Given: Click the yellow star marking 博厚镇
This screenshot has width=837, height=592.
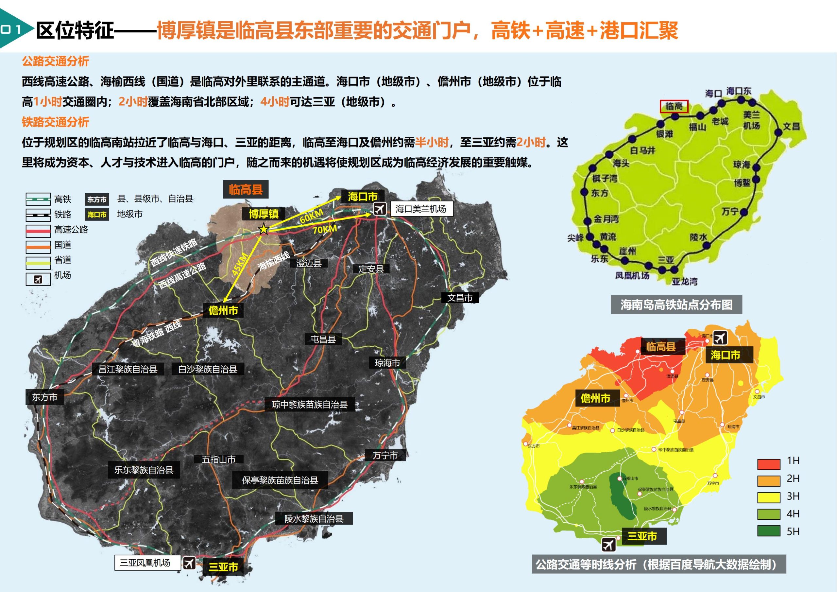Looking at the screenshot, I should pyautogui.click(x=264, y=229).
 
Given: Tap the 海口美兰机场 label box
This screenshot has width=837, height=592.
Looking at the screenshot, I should pyautogui.click(x=421, y=209).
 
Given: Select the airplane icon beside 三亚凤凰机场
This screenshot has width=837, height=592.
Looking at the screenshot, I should pyautogui.click(x=189, y=563).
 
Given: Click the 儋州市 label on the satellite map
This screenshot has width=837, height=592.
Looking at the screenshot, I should pyautogui.click(x=223, y=311).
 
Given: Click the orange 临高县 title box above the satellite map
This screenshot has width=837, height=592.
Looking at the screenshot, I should pyautogui.click(x=246, y=190).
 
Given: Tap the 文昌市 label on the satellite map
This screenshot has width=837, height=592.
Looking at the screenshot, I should pyautogui.click(x=460, y=298).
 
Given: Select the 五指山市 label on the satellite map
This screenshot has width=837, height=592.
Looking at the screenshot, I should pyautogui.click(x=219, y=460).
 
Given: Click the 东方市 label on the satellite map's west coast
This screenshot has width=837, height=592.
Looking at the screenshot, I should pyautogui.click(x=45, y=397).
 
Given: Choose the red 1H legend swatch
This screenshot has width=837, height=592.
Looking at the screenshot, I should pyautogui.click(x=769, y=464).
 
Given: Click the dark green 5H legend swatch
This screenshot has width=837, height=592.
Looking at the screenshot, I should pyautogui.click(x=769, y=531).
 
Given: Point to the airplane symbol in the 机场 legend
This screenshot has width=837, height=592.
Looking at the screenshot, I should pyautogui.click(x=38, y=279).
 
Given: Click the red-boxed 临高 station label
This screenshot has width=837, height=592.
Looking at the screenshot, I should pyautogui.click(x=674, y=107).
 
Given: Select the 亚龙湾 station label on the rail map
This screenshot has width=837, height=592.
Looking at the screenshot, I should pyautogui.click(x=685, y=282).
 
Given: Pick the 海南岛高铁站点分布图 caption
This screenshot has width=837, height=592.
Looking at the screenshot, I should pyautogui.click(x=676, y=305).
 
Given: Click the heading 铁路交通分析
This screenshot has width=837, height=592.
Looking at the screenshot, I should pyautogui.click(x=55, y=122).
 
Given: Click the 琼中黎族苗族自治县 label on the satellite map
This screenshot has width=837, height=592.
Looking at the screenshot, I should pyautogui.click(x=310, y=405).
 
